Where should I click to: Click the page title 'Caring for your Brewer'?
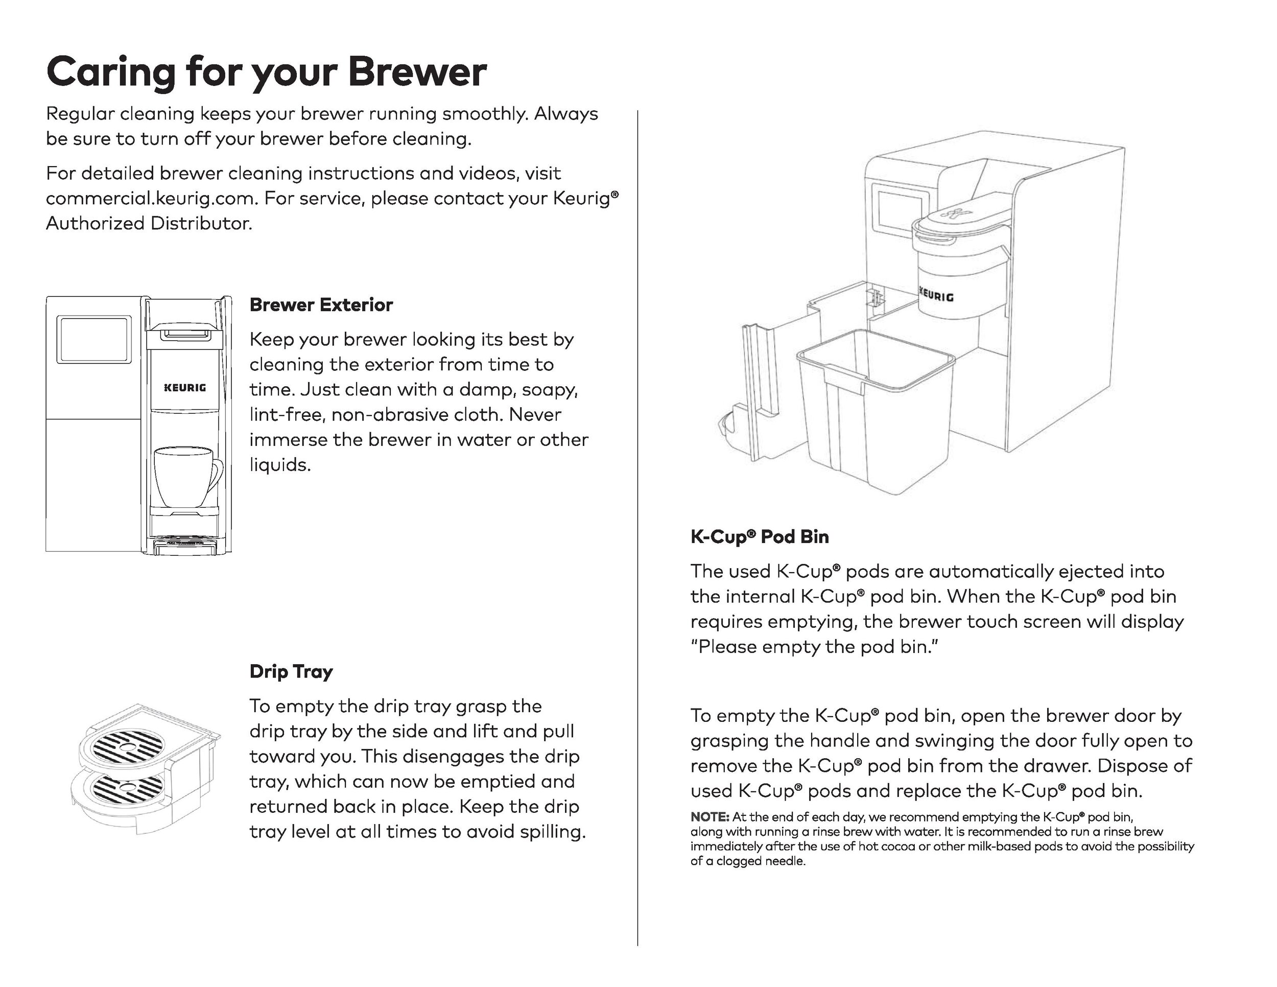(x=266, y=72)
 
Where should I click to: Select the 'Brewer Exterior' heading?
(x=321, y=304)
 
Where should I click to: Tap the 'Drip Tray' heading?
(x=291, y=671)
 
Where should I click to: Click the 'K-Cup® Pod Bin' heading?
(x=759, y=537)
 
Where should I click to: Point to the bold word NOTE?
(x=710, y=817)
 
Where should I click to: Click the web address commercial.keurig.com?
(x=151, y=199)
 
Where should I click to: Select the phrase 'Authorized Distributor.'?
(x=149, y=224)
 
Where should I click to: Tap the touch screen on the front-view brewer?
(x=93, y=340)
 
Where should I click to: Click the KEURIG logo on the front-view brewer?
(x=185, y=388)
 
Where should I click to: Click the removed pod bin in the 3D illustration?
(x=876, y=409)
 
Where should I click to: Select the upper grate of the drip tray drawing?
(x=128, y=745)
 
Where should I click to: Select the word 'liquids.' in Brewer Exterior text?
(x=280, y=465)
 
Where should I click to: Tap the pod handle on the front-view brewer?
(x=184, y=334)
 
